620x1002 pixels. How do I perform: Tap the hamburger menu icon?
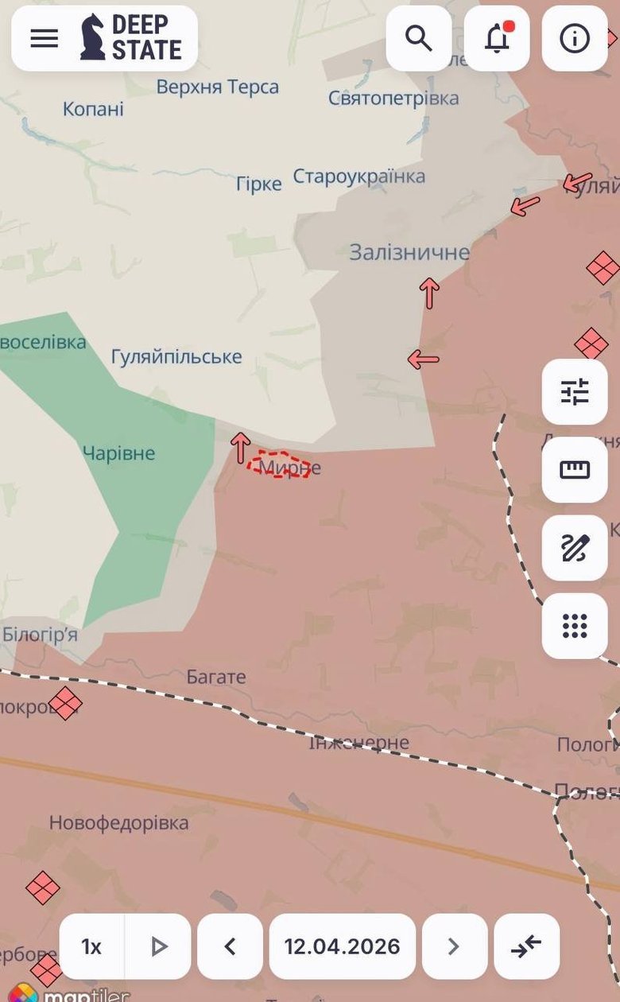point(45,38)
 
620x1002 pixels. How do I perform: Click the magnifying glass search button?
point(419,38)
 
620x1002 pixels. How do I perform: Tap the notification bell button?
point(497,38)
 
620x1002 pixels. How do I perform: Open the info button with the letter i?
point(575,38)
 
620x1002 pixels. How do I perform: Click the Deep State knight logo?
point(93,37)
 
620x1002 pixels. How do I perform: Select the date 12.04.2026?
point(342,946)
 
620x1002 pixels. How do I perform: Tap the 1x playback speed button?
point(91,946)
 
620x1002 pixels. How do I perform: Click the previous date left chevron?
point(230,946)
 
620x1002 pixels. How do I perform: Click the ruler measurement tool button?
point(575,470)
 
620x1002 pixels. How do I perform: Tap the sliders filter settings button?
point(575,392)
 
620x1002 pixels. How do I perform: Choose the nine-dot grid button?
point(575,626)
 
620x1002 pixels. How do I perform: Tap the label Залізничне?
point(409,253)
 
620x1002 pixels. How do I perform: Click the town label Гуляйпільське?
point(176,357)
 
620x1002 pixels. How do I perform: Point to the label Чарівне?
point(119,453)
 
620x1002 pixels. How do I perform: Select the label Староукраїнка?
point(359,177)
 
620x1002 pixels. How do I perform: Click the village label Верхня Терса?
point(217,87)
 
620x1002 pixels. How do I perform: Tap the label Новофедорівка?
point(119,822)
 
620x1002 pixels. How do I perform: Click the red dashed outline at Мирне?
point(278,465)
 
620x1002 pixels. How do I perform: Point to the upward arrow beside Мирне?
point(241,448)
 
